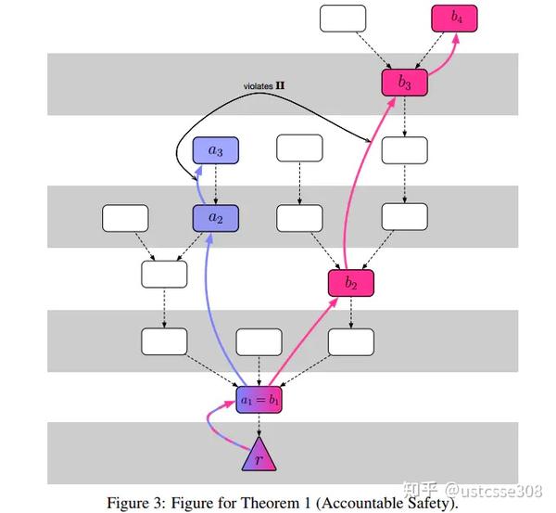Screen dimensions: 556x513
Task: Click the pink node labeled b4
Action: point(454,19)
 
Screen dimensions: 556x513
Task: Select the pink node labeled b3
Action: point(405,83)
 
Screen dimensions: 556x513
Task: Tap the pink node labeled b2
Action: point(350,283)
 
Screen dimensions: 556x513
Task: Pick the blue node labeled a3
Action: point(216,150)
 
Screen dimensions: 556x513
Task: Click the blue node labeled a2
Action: point(216,218)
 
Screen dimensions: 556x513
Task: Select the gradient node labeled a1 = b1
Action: point(259,400)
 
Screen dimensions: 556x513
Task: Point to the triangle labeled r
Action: point(259,455)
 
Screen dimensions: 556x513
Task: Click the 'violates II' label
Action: point(264,86)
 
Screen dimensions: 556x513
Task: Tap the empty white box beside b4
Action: point(343,19)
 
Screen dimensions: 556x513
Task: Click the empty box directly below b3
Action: point(405,150)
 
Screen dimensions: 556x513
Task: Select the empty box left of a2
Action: point(125,218)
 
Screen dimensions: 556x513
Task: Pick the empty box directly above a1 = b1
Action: point(259,342)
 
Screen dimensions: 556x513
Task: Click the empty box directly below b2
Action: point(350,342)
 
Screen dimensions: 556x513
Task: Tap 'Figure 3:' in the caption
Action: point(136,503)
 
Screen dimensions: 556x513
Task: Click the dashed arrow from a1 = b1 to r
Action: point(259,425)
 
